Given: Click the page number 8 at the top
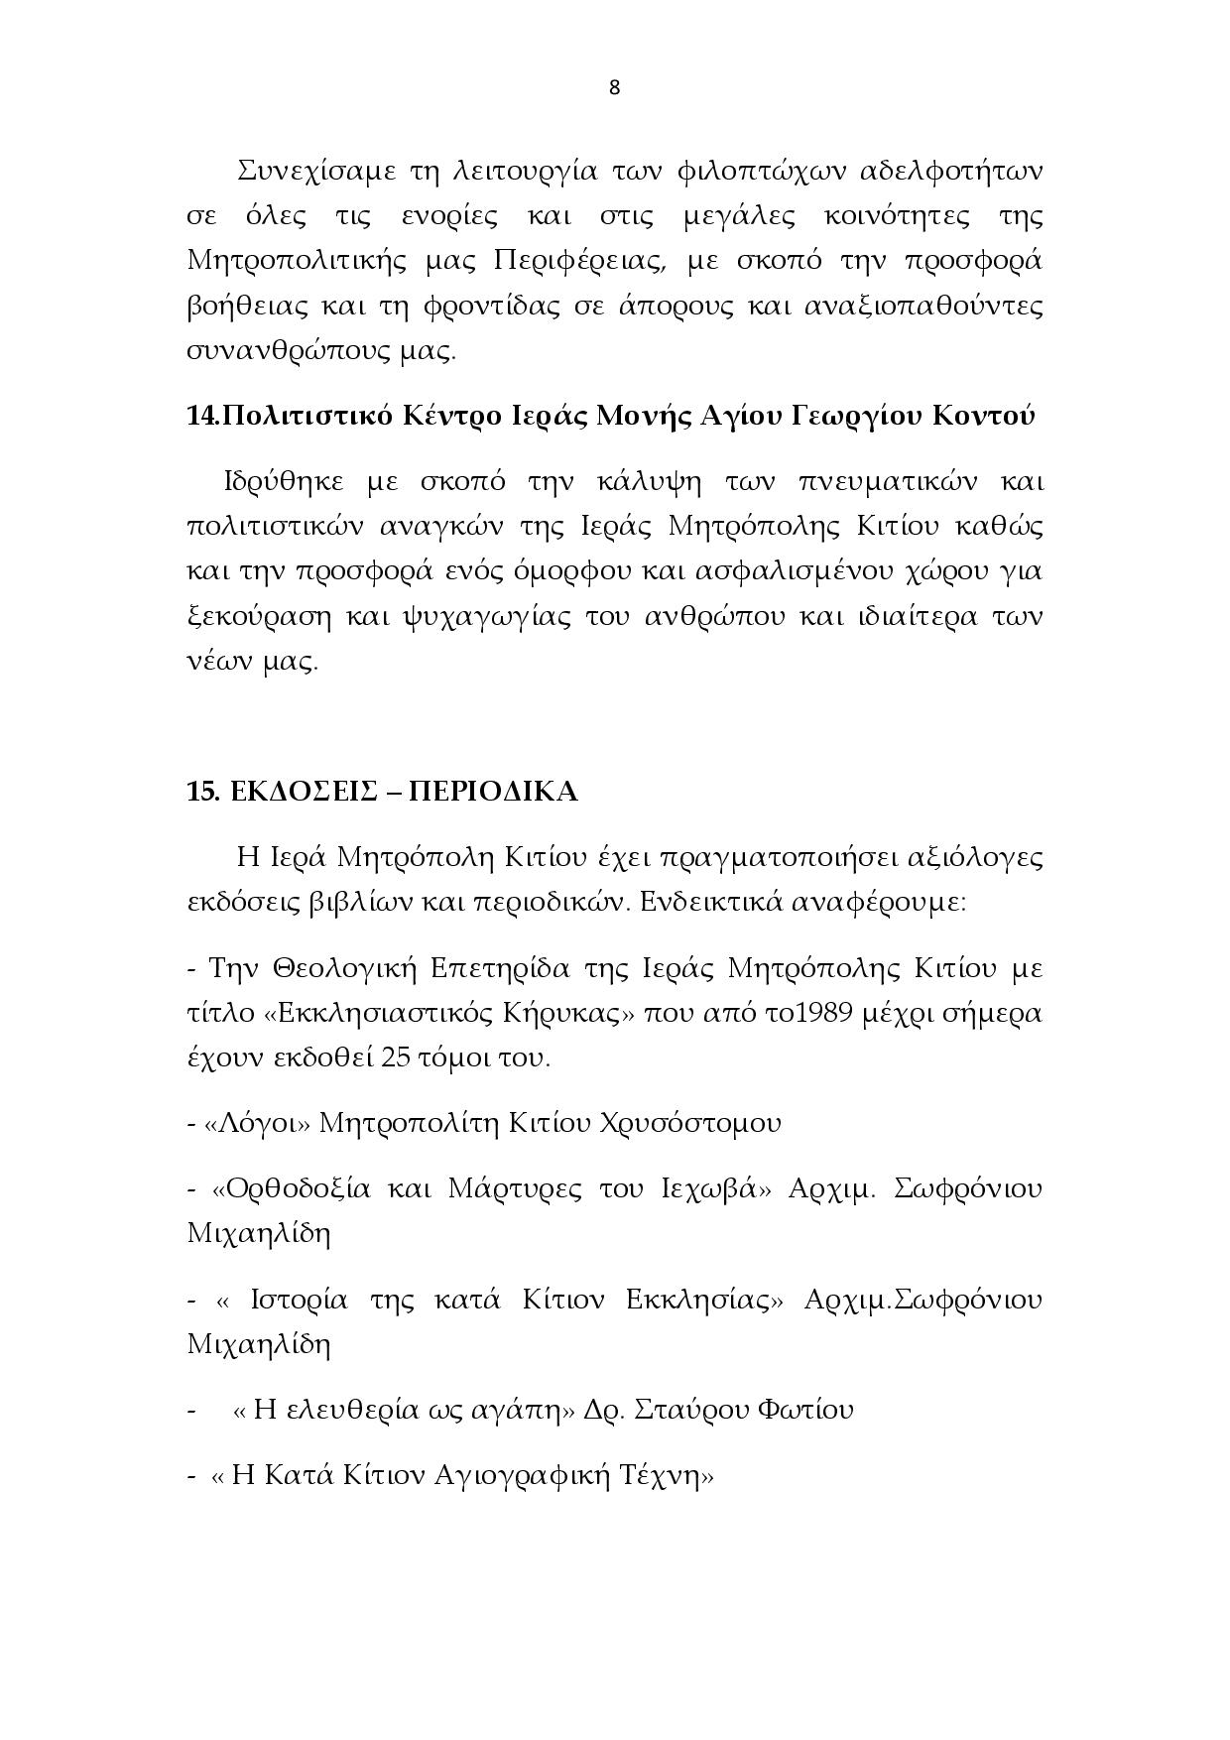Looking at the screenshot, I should (x=614, y=87).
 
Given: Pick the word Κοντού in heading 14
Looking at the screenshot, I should (x=982, y=416).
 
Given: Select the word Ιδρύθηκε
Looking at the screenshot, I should (x=284, y=482).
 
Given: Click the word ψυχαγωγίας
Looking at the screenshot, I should (x=486, y=617).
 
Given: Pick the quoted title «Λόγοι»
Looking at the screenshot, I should (x=258, y=1123).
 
